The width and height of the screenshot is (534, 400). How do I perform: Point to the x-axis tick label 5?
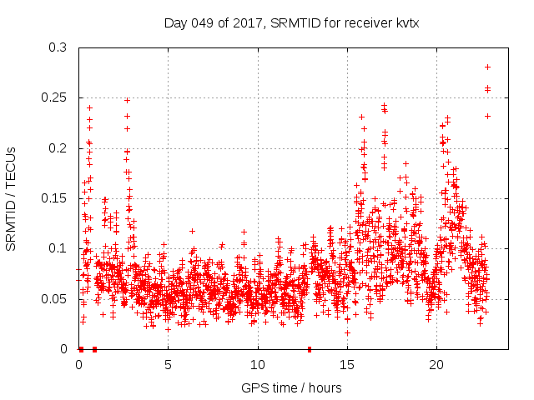(x=169, y=365)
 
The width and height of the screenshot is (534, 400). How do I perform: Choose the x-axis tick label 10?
(x=258, y=365)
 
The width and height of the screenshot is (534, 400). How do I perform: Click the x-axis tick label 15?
(x=347, y=365)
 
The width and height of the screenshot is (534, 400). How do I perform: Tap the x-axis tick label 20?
(x=436, y=365)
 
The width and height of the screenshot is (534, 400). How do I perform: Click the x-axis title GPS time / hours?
(x=291, y=387)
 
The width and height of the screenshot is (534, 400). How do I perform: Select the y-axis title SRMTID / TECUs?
(x=12, y=198)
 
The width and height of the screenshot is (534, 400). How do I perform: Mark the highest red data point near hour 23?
(x=487, y=67)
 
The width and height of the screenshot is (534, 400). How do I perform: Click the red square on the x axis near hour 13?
(x=310, y=348)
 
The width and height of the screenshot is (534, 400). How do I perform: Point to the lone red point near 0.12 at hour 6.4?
(x=192, y=231)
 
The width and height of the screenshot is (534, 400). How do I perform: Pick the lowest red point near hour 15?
(x=347, y=332)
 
